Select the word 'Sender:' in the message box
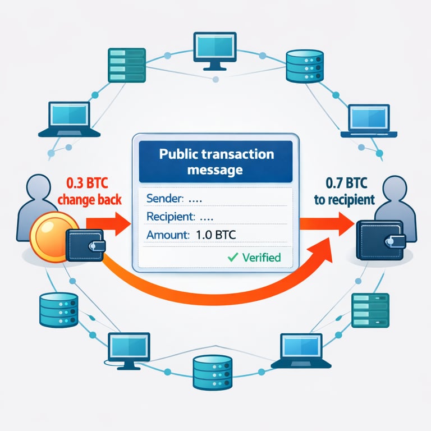pyautogui.click(x=164, y=199)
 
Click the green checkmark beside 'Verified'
pyautogui.click(x=232, y=258)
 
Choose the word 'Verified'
pyautogui.click(x=261, y=258)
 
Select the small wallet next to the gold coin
pyautogui.click(x=85, y=245)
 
